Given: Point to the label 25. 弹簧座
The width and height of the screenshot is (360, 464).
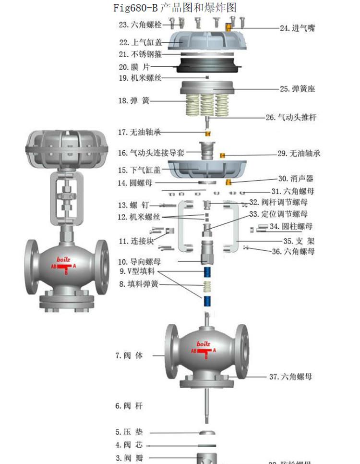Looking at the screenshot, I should point(298,89).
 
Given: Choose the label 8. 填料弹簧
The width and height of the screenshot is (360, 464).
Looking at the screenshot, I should point(139,284).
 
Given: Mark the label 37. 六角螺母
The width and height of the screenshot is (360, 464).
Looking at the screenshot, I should point(290,377).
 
